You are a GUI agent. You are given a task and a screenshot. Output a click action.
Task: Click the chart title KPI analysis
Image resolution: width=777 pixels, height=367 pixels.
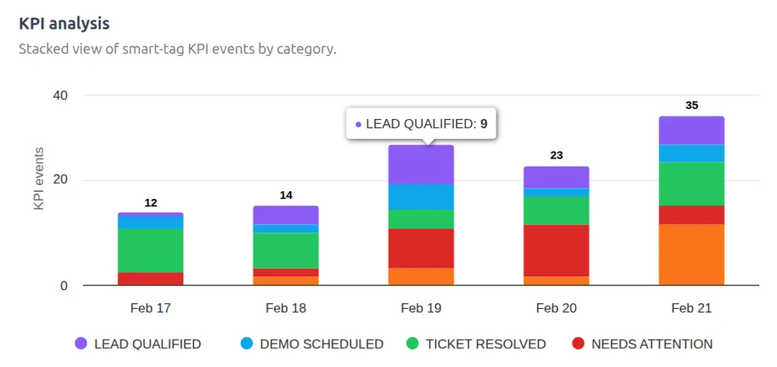pos(64,23)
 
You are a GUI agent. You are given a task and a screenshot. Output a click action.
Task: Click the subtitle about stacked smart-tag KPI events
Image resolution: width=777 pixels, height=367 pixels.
pos(177,49)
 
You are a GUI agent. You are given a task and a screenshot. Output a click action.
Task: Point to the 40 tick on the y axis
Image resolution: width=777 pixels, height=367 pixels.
pos(60,96)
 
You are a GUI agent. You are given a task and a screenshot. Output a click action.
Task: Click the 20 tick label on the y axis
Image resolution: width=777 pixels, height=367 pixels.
pos(60,180)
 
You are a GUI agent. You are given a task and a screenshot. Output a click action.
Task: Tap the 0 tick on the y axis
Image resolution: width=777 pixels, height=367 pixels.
pos(64,286)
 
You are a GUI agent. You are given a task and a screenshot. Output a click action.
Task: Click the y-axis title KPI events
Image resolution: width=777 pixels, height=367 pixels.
pos(38,178)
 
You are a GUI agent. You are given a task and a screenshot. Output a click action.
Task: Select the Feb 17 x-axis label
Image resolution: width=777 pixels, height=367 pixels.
pos(151,308)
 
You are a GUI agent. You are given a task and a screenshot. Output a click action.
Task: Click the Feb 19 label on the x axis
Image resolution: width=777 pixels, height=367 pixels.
pos(421,308)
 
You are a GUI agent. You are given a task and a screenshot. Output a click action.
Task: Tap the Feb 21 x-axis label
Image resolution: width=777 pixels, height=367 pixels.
pos(692,308)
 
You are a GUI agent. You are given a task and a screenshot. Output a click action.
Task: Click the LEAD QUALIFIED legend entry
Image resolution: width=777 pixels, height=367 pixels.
pos(138,344)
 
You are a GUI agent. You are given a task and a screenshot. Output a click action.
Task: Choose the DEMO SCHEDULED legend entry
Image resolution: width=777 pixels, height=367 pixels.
pos(312,344)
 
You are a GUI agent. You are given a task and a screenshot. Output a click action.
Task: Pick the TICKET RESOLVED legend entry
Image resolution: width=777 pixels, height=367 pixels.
pos(476,344)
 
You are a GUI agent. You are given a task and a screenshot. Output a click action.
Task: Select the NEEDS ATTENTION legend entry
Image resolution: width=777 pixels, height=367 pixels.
pos(641,344)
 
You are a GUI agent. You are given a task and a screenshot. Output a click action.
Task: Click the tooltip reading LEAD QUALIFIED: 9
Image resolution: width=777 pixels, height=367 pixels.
pos(421,124)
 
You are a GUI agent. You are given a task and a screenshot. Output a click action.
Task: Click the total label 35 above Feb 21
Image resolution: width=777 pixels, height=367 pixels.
pos(692,105)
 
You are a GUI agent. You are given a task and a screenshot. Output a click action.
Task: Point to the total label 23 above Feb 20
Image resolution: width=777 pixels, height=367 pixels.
pos(556,155)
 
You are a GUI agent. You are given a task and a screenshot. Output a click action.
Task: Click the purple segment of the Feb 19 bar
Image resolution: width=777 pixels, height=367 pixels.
pos(421,164)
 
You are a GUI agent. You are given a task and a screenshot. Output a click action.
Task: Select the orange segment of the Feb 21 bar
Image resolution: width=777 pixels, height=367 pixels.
pos(692,254)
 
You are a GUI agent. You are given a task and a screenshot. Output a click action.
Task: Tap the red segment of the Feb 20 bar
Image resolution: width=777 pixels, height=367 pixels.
pos(556,250)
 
